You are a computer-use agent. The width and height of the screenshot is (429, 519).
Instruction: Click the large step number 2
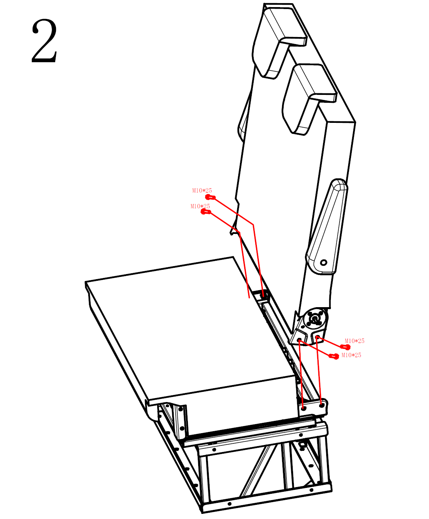click(x=45, y=41)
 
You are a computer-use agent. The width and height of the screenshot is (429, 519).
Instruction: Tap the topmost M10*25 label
click(x=202, y=191)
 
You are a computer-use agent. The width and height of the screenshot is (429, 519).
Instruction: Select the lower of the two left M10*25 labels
click(x=200, y=206)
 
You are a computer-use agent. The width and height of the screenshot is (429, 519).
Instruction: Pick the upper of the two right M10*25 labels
click(x=355, y=341)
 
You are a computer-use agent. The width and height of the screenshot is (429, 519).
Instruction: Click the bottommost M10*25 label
click(x=351, y=355)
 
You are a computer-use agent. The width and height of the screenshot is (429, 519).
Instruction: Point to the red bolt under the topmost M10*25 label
click(x=210, y=197)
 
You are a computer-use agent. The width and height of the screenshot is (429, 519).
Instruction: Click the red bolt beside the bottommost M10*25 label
click(x=334, y=356)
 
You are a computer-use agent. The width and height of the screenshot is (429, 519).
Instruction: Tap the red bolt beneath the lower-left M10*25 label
click(x=206, y=212)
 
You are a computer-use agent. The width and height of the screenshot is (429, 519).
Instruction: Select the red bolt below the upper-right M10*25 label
click(x=345, y=347)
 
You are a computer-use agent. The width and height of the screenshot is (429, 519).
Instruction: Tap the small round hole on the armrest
click(x=323, y=263)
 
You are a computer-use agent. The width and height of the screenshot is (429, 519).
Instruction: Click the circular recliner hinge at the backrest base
click(x=315, y=319)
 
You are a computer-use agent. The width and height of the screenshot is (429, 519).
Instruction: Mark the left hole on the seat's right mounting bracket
click(x=304, y=408)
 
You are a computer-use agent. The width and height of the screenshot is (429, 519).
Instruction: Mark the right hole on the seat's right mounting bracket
click(x=321, y=405)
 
